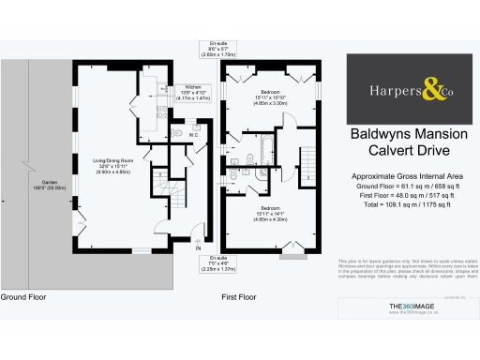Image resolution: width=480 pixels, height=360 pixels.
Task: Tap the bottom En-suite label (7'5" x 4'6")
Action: point(222,262)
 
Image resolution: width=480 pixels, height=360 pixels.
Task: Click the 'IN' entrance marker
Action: point(198,249)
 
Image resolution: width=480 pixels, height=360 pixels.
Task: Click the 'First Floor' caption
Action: point(239,296)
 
